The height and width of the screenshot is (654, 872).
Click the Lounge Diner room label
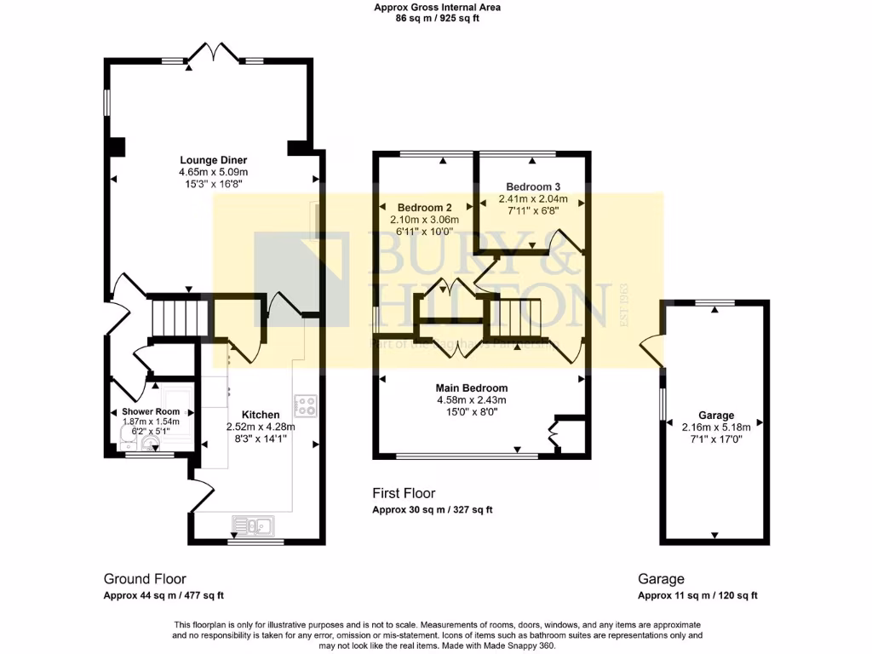(213, 159)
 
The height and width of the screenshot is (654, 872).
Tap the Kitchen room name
(260, 415)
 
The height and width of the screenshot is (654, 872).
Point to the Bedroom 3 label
(532, 186)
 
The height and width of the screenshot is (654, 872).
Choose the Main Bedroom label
(472, 388)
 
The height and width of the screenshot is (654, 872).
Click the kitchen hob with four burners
(305, 405)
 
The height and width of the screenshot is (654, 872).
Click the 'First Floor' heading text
(404, 493)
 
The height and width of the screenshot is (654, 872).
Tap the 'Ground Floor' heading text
(145, 579)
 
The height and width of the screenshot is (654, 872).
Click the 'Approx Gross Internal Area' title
(438, 8)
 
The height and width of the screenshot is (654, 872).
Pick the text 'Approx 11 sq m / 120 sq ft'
(697, 596)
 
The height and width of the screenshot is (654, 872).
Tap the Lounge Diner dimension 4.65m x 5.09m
(213, 171)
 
